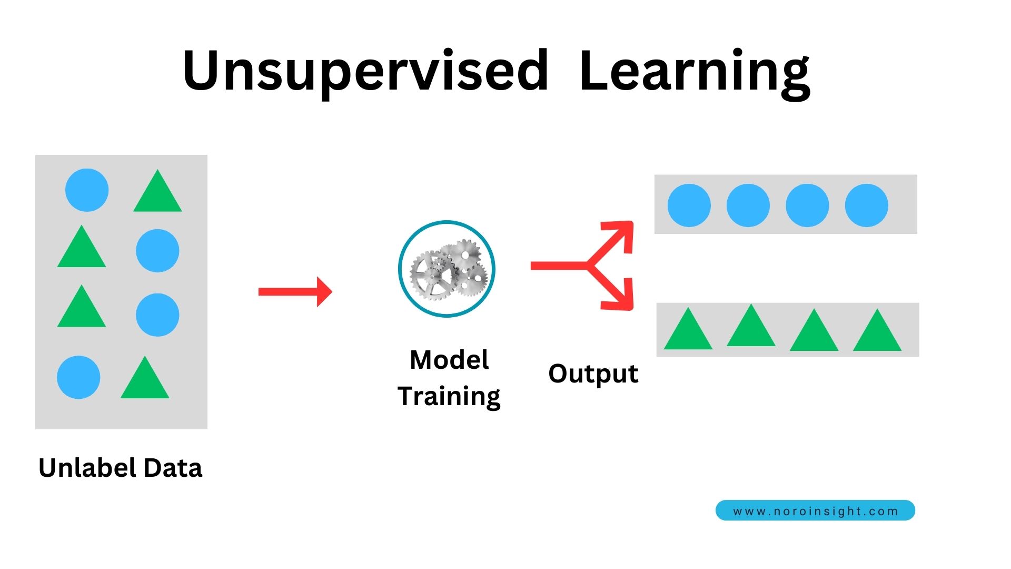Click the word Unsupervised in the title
pyautogui.click(x=365, y=71)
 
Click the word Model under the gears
pyautogui.click(x=449, y=360)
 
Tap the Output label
pyautogui.click(x=593, y=374)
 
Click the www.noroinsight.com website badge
pyautogui.click(x=815, y=511)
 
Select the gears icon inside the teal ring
pyautogui.click(x=448, y=269)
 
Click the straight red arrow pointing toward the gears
pyautogui.click(x=295, y=291)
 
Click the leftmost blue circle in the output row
pyautogui.click(x=689, y=205)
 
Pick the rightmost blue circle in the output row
pyautogui.click(x=866, y=205)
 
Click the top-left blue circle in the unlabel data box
pyautogui.click(x=87, y=190)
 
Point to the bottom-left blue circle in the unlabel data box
pyautogui.click(x=78, y=377)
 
